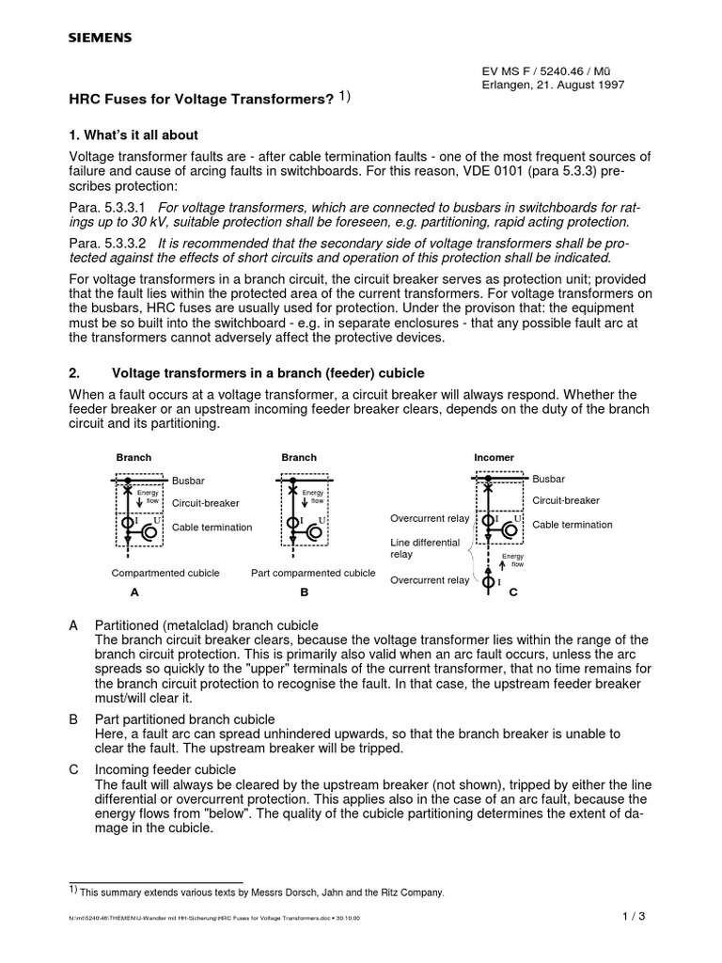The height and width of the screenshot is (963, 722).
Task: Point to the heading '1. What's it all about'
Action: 133,135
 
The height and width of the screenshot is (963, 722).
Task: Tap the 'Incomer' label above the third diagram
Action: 494,458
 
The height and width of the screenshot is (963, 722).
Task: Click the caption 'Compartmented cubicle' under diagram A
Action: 165,573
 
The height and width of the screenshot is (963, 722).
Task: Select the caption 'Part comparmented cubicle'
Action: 313,573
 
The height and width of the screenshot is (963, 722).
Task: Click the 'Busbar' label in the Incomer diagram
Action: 549,480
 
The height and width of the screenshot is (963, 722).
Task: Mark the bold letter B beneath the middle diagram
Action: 305,593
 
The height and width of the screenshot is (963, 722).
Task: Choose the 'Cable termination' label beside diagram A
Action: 212,528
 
